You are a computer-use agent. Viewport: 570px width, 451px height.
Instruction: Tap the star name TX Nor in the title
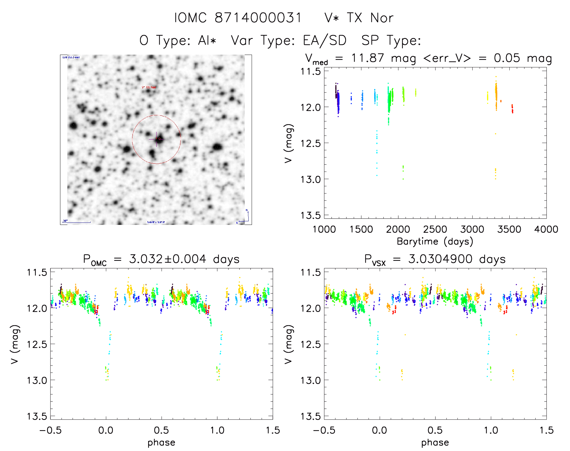[x=370, y=18]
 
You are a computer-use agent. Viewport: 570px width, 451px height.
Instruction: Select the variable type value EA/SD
[x=325, y=40]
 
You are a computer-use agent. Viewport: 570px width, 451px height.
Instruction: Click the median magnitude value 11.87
[x=368, y=58]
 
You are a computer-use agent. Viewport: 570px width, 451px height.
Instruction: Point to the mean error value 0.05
[x=507, y=58]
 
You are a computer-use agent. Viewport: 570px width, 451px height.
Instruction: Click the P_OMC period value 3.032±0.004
[x=167, y=259]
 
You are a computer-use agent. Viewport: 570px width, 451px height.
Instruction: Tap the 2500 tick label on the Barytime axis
[x=435, y=229]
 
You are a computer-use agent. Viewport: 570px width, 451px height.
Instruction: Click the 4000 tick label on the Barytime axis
[x=546, y=229]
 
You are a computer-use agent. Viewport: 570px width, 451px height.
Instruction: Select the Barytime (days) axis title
[x=435, y=241]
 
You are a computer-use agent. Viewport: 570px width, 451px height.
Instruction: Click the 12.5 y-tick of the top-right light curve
[x=310, y=143]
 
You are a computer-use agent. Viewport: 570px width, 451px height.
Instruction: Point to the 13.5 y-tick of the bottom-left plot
[x=37, y=417]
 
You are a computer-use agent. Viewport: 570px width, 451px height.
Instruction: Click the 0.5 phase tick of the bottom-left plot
[x=161, y=430]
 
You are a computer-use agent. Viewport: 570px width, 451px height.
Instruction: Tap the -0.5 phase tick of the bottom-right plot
[x=324, y=430]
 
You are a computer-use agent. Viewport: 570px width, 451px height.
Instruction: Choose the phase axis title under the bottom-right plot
[x=435, y=443]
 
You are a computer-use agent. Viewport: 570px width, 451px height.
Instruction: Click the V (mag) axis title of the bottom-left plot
[x=15, y=344]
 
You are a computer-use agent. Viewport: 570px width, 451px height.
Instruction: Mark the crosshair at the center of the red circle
[x=156, y=139]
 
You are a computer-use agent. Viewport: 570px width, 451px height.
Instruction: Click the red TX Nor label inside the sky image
[x=149, y=88]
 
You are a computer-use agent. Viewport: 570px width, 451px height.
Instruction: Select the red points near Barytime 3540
[x=512, y=109]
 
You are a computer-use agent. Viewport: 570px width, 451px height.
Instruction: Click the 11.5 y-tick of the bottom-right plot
[x=310, y=273]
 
